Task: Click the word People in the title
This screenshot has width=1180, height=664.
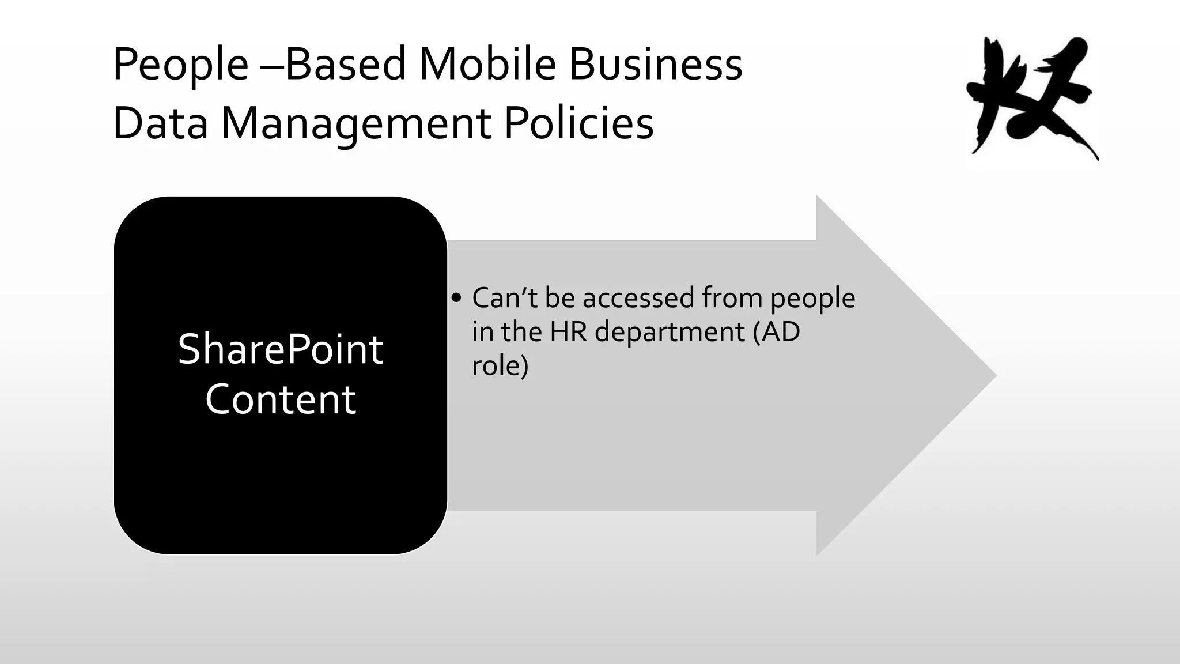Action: coord(180,65)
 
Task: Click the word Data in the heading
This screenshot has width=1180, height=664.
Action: coord(160,123)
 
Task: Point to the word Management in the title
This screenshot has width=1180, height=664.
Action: coord(356,124)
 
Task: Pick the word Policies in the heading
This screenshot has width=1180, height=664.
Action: coord(579,123)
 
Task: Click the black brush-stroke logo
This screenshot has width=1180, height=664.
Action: coord(1031,98)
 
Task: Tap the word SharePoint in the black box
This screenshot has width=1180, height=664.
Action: coord(281,349)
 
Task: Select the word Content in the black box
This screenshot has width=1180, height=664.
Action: coord(281,399)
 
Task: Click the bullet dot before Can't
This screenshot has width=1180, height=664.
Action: coord(457,298)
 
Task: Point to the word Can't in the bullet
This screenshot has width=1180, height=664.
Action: coord(505,298)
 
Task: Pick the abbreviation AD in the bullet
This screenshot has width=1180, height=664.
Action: coord(781,331)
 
